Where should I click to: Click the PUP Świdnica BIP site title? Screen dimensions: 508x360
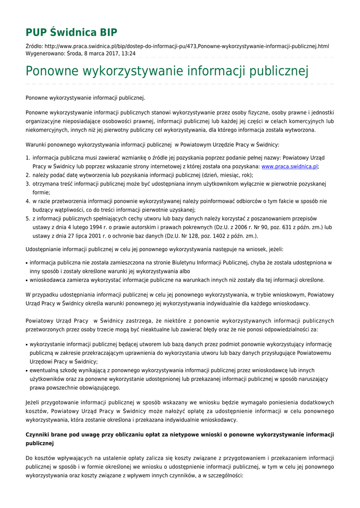(x=72, y=33)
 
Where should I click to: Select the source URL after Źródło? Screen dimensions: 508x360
(x=189, y=46)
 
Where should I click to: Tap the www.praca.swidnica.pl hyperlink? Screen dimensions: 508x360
(x=289, y=167)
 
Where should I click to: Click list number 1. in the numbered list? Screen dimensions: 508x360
(x=28, y=158)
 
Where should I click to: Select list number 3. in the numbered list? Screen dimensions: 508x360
(x=28, y=184)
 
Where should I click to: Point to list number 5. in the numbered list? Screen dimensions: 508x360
(x=28, y=218)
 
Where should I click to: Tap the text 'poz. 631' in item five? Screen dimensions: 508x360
(x=258, y=227)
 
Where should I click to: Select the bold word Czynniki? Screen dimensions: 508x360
(x=39, y=435)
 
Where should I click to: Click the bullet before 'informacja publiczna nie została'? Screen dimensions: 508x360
(x=26, y=263)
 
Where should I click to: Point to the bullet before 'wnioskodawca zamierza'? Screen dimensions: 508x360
(x=26, y=280)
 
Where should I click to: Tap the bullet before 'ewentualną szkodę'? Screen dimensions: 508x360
(x=26, y=371)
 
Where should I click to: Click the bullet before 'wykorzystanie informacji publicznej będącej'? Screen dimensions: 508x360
(x=26, y=345)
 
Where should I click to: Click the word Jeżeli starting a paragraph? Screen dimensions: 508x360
(x=34, y=402)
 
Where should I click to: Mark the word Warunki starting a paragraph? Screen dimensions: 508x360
(x=36, y=145)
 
